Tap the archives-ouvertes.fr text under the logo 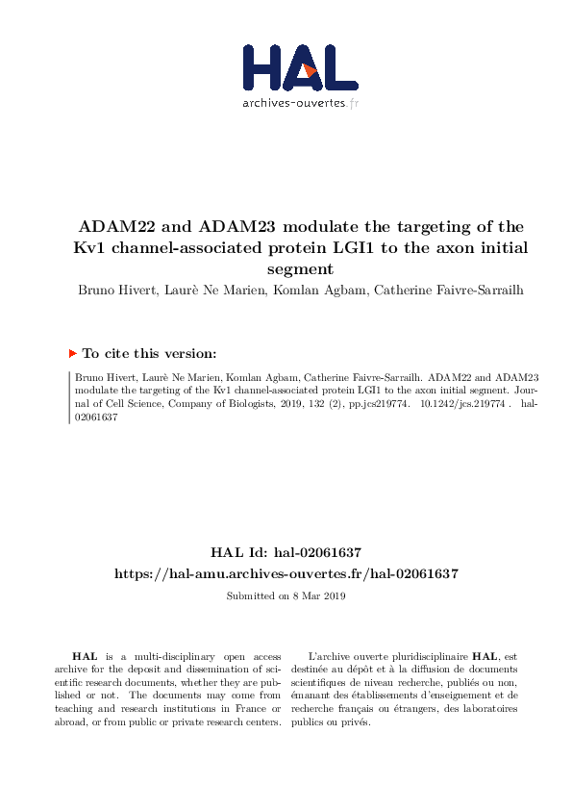tap(301, 102)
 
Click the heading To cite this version tap(149, 353)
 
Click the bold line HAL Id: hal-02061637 tap(286, 552)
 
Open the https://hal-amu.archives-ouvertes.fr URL tap(286, 573)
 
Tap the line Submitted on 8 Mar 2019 tap(286, 596)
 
